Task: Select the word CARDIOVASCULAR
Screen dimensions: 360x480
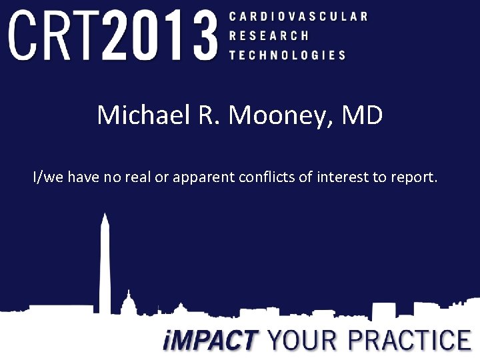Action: pyautogui.click(x=298, y=15)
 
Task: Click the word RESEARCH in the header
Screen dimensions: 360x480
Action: pyautogui.click(x=269, y=35)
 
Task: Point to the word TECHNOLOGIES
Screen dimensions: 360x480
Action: pyautogui.click(x=287, y=55)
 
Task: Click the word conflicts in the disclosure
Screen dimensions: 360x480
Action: pyautogui.click(x=277, y=177)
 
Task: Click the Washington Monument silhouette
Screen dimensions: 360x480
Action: pyautogui.click(x=105, y=267)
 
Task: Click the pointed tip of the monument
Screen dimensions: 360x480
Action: pyautogui.click(x=105, y=215)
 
